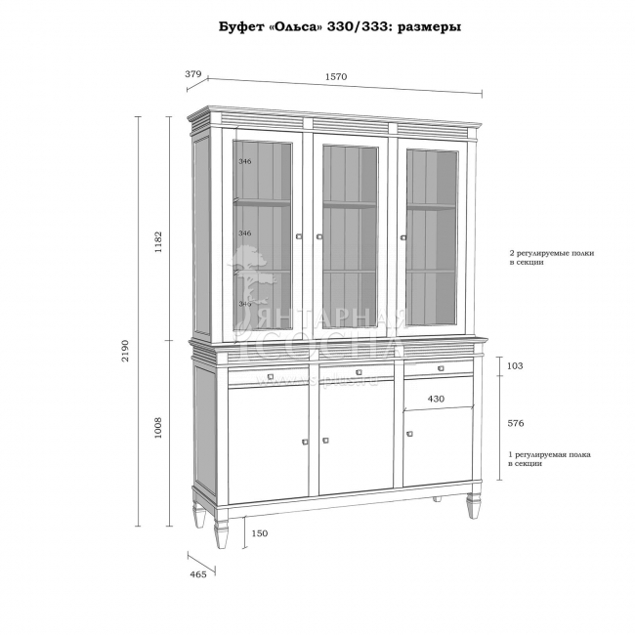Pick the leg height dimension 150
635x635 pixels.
(259, 533)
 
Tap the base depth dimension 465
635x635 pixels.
(197, 574)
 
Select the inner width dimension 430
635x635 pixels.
(436, 399)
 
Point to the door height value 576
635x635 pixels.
(517, 424)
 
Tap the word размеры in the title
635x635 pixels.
(424, 27)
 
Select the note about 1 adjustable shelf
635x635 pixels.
(549, 459)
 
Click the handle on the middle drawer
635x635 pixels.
(359, 372)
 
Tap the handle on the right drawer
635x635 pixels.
(441, 368)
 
